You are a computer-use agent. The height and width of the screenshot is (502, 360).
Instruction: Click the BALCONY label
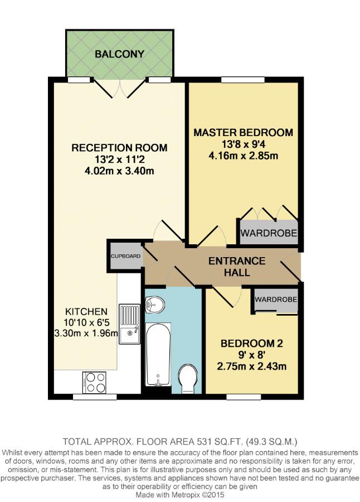(x=119, y=54)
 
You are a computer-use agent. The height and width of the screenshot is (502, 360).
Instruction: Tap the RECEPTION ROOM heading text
(x=119, y=148)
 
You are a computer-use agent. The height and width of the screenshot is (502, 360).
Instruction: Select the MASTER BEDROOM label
(x=243, y=132)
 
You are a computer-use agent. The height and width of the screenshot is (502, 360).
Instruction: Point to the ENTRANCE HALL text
(x=237, y=267)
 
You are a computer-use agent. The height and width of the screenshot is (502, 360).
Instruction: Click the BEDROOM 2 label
(x=252, y=344)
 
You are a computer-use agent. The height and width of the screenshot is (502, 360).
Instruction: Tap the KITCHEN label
(x=86, y=311)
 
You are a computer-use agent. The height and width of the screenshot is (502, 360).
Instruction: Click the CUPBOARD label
(x=126, y=256)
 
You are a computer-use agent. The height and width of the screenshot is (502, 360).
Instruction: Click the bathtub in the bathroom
(x=158, y=354)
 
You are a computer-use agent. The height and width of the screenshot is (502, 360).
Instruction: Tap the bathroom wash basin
(x=154, y=305)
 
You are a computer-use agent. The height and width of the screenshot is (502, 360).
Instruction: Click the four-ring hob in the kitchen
(x=94, y=382)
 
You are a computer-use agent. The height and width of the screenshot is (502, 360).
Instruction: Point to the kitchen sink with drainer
(x=130, y=324)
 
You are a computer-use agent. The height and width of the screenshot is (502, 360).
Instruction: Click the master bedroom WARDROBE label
(x=269, y=233)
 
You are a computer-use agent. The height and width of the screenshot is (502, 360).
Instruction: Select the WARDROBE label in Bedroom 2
(x=276, y=300)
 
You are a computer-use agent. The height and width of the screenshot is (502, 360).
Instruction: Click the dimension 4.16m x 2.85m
(x=243, y=156)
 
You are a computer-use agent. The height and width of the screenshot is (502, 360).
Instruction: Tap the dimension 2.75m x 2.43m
(x=252, y=366)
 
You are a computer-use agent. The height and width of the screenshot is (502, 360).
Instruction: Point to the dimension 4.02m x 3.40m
(x=119, y=171)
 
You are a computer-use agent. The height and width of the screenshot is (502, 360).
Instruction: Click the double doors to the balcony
(x=119, y=88)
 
